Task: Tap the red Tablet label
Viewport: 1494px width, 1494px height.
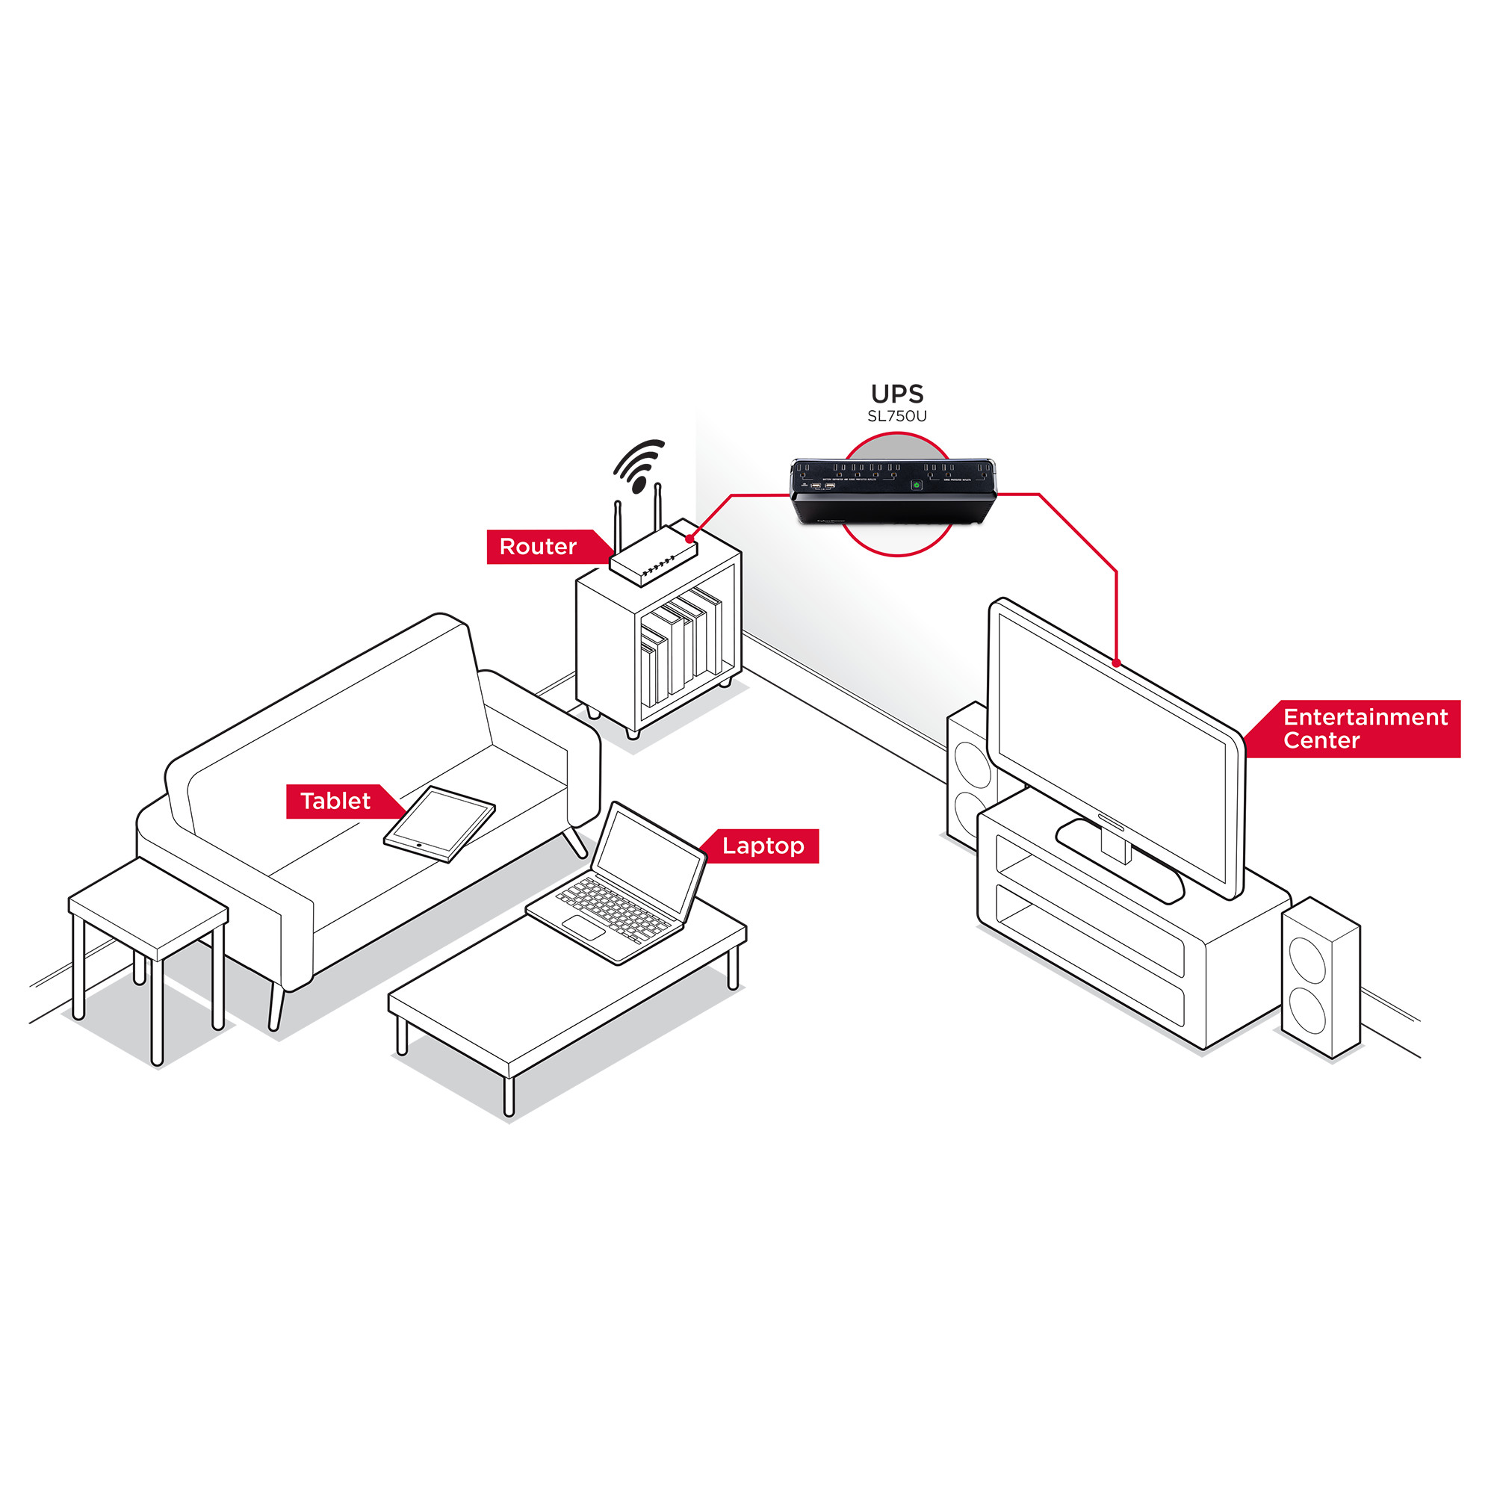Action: [x=335, y=801]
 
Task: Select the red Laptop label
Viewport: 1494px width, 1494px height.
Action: [x=763, y=846]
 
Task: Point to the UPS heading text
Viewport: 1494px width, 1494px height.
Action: [x=897, y=394]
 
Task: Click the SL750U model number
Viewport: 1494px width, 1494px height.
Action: [x=897, y=416]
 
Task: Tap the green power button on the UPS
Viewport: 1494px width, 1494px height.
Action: [x=917, y=485]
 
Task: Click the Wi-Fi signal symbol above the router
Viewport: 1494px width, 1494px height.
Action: [x=639, y=465]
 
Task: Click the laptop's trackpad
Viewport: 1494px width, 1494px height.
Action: [x=584, y=927]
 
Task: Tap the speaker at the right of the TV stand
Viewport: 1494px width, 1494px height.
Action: [x=1320, y=979]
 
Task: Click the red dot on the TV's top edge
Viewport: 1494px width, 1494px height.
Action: [x=1117, y=663]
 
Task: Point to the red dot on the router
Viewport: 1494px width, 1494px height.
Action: [x=689, y=537]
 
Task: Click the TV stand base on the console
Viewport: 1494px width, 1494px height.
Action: [x=1120, y=858]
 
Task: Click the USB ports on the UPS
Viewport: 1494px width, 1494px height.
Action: [x=822, y=486]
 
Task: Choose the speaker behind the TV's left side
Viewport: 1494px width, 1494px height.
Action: [x=971, y=773]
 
